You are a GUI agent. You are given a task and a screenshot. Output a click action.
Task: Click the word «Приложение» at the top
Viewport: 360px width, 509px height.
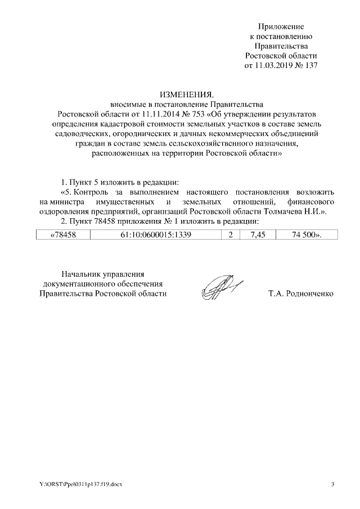tap(281, 26)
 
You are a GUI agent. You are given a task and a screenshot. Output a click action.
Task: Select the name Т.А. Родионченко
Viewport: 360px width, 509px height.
tap(301, 294)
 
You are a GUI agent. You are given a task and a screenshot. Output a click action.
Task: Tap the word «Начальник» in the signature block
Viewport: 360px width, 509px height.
tap(85, 273)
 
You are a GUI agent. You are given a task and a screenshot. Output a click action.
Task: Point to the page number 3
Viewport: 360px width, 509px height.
tap(332, 484)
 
